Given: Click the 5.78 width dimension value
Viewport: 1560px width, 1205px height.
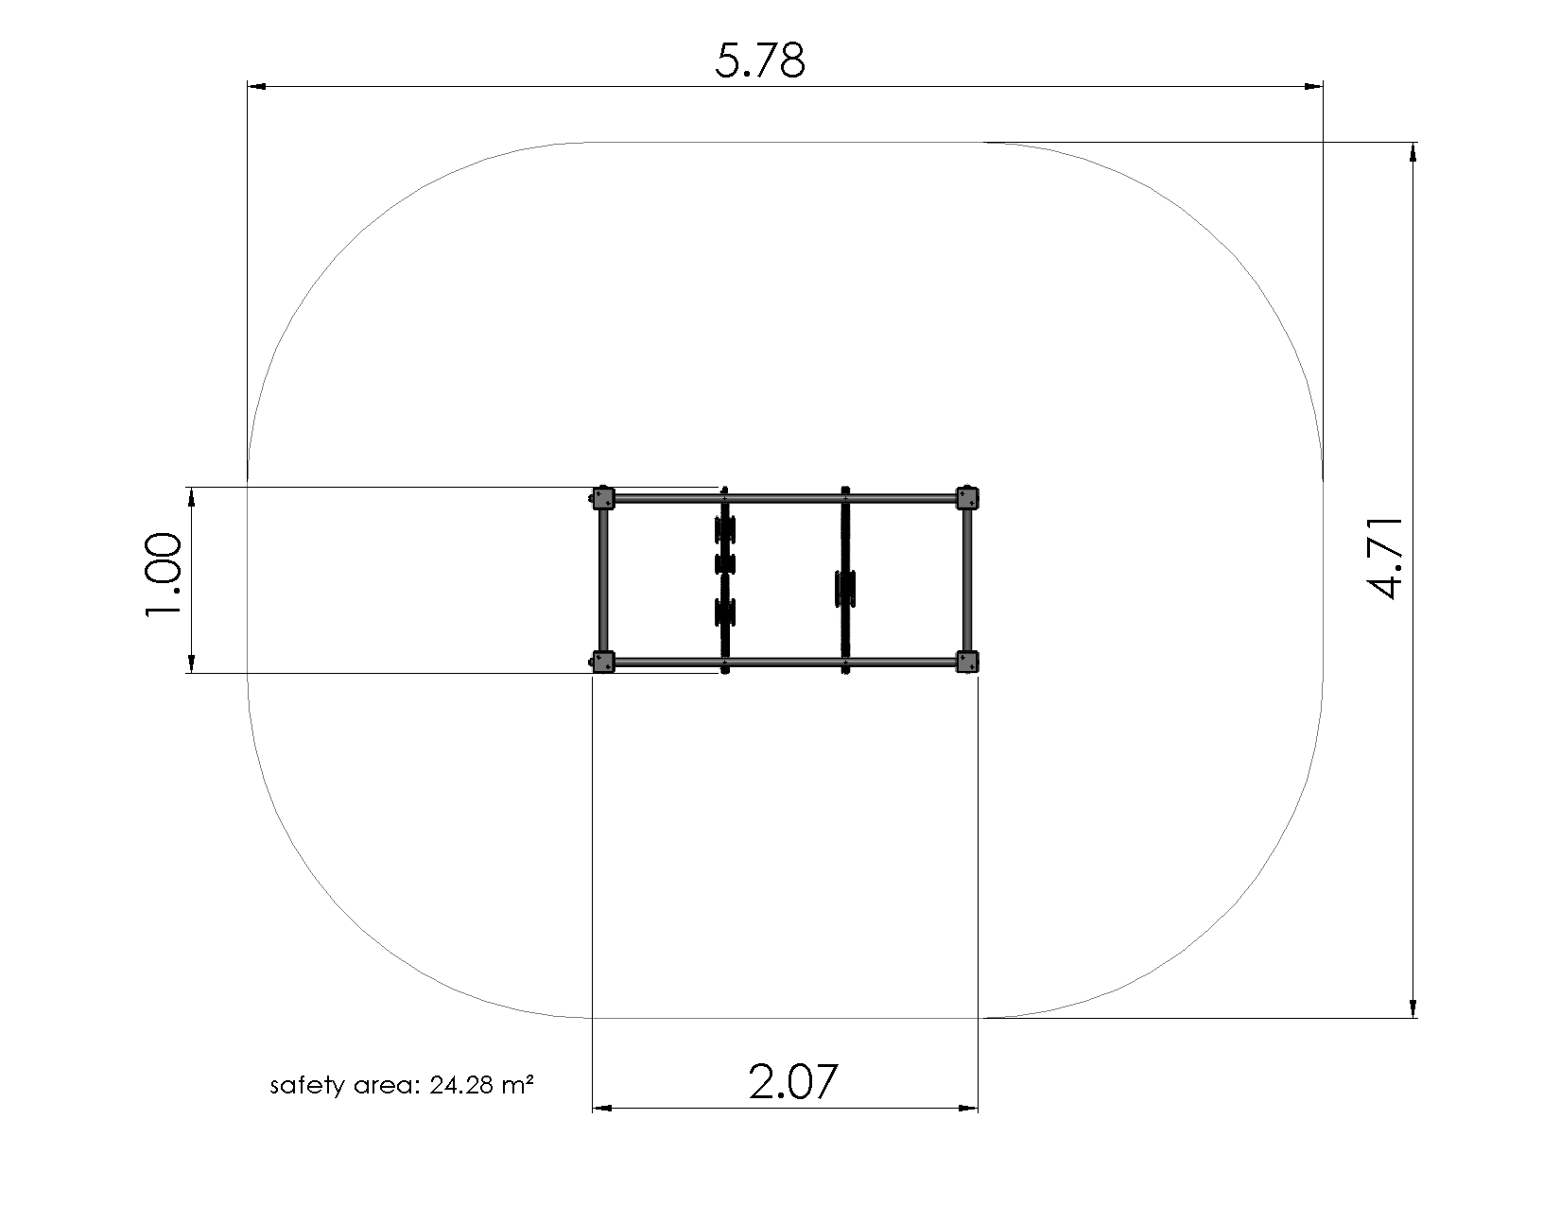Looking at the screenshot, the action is [x=760, y=60].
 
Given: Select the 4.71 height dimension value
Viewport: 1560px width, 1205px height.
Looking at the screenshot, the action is [x=1385, y=557].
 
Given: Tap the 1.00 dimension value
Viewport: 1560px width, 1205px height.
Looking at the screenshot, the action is [x=164, y=575].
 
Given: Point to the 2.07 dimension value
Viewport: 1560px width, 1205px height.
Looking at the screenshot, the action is [x=792, y=1081].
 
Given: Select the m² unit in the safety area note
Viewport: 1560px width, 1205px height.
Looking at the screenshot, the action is [x=517, y=1084].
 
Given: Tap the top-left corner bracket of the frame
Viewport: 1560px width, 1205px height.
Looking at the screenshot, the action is [x=602, y=498].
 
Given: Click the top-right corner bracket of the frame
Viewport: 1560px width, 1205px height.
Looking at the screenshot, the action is [x=967, y=498].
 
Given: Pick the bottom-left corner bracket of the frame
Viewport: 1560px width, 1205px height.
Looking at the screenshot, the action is [x=602, y=662].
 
